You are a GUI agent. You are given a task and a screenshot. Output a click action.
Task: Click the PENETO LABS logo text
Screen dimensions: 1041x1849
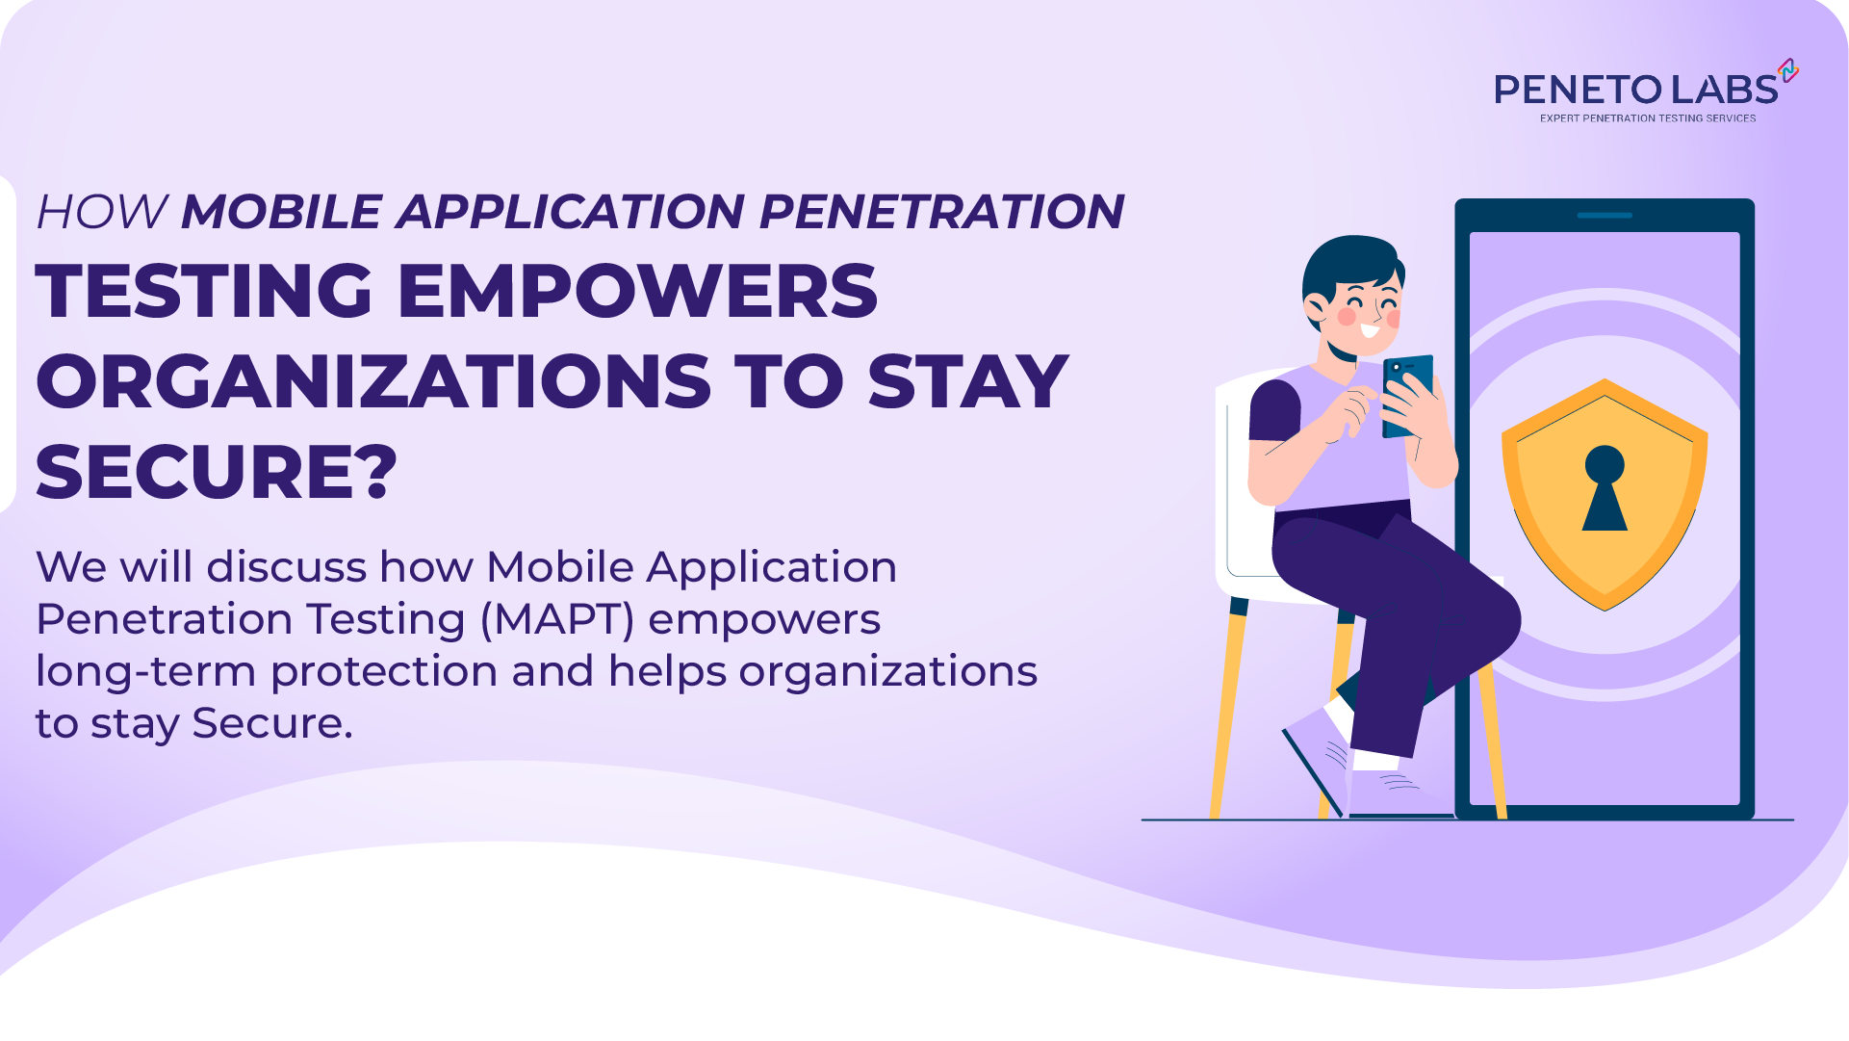point(1635,90)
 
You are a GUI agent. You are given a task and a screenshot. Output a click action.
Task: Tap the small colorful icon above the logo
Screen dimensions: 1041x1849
point(1788,70)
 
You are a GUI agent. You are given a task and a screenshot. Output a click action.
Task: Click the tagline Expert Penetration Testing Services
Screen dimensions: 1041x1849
point(1647,118)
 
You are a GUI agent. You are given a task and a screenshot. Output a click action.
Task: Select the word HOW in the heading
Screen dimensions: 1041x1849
point(101,212)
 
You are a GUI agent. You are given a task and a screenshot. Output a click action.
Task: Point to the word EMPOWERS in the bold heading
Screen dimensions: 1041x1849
point(637,291)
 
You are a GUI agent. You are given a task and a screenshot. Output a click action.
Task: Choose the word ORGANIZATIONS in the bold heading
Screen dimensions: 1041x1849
point(373,381)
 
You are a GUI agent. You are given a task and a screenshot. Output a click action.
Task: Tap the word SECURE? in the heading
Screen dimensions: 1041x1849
point(217,472)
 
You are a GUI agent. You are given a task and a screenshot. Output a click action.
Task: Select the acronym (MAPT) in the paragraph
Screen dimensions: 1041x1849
point(556,619)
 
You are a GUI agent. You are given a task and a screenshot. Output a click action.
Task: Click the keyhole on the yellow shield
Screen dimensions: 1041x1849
point(1604,486)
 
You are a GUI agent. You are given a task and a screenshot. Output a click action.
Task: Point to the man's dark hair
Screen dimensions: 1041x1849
point(1348,260)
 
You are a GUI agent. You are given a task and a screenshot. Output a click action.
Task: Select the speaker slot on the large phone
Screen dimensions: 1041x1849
point(1604,216)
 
